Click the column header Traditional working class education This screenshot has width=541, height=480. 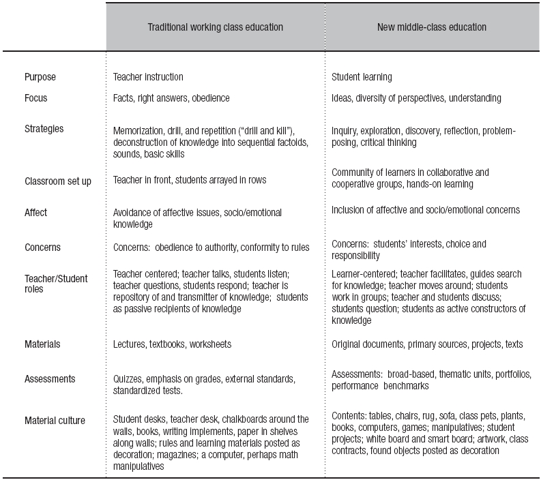(x=215, y=27)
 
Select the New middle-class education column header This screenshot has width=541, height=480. (x=432, y=27)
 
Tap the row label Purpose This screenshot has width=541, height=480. (x=40, y=77)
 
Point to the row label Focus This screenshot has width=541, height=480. (x=36, y=97)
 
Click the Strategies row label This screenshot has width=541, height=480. (x=44, y=128)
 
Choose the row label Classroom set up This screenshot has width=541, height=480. (x=57, y=181)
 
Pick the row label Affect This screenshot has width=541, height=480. (x=36, y=212)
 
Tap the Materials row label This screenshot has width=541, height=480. (x=42, y=344)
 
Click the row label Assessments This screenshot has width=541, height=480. (x=50, y=378)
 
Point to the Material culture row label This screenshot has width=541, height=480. (x=55, y=420)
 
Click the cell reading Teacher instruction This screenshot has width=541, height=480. (x=148, y=77)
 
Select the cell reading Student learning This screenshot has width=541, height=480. (x=362, y=77)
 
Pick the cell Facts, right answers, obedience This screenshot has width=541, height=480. (x=171, y=97)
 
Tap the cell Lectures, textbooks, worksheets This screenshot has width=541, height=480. (x=172, y=344)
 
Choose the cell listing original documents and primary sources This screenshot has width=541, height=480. (x=427, y=344)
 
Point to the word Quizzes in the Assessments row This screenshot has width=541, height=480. (x=128, y=378)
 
